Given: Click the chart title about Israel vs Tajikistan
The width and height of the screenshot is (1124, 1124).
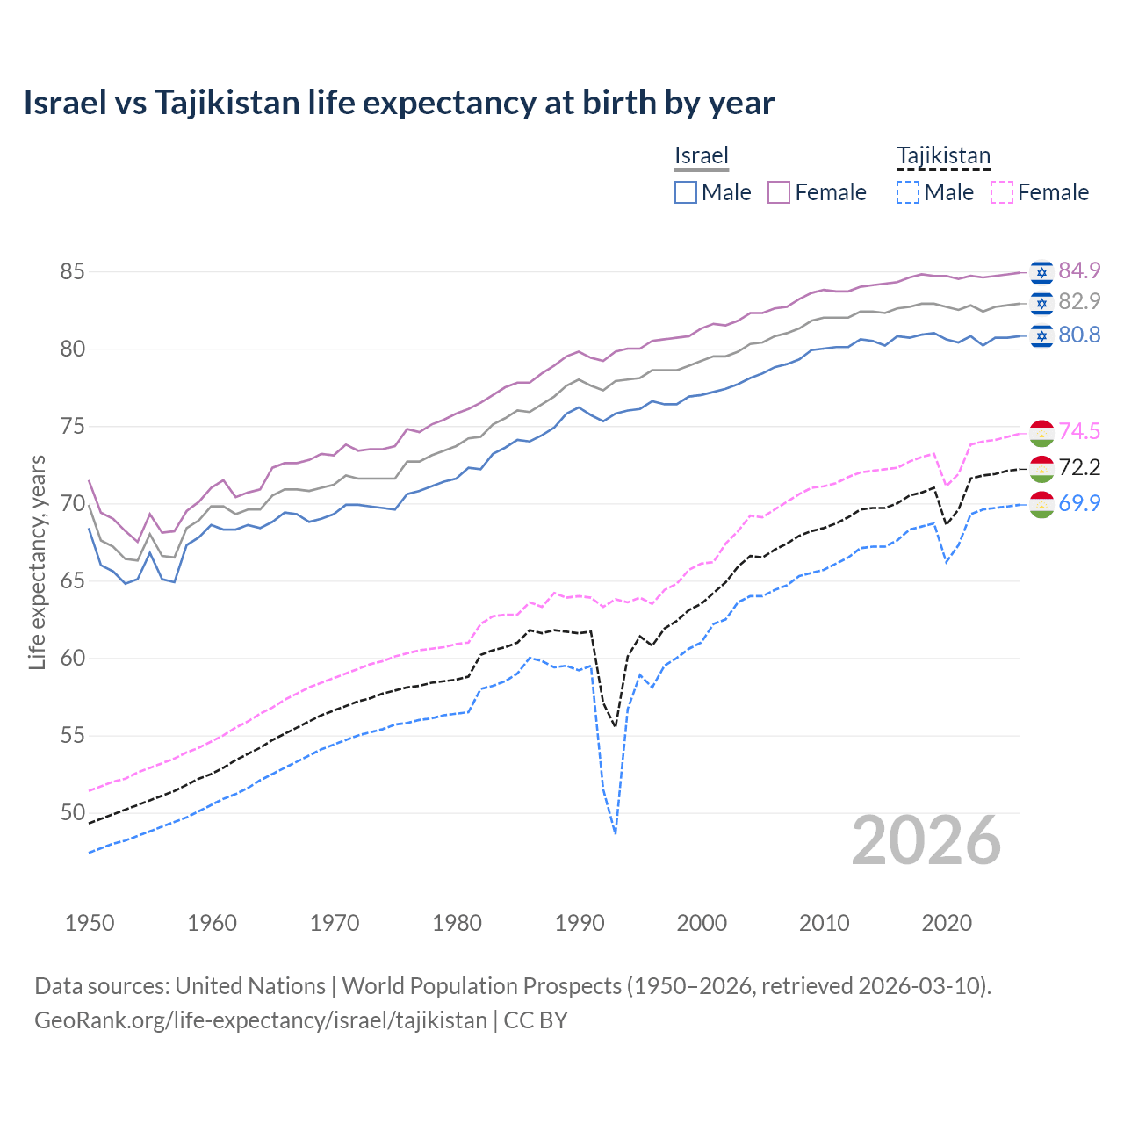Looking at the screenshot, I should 399,103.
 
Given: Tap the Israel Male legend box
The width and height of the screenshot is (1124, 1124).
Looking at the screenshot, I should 686,192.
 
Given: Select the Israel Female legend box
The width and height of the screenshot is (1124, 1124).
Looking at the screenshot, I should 779,192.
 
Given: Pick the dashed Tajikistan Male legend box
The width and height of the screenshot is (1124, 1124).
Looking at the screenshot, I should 908,192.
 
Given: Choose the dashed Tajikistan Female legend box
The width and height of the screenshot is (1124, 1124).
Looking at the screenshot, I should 1002,192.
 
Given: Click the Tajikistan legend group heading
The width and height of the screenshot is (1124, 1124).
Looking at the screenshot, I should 943,156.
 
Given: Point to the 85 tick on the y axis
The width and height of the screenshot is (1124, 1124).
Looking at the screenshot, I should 72,272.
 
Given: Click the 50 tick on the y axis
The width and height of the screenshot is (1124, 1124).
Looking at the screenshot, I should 72,813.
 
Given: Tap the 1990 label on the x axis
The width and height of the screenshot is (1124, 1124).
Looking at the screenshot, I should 580,923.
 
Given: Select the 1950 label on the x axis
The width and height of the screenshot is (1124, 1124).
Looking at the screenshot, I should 90,923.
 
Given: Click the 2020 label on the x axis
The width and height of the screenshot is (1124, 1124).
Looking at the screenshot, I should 947,923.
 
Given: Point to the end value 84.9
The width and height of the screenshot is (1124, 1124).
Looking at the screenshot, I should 1079,270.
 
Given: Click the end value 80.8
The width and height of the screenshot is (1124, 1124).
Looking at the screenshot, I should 1079,335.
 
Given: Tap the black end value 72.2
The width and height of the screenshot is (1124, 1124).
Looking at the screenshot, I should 1079,467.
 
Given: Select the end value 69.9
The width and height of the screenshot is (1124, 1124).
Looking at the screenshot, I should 1079,503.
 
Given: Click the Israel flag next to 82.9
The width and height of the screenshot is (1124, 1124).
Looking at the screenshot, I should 1041,303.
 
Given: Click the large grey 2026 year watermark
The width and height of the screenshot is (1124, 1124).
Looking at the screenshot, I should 926,840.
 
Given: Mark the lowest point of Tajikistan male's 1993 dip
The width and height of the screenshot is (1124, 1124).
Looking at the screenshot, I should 616,833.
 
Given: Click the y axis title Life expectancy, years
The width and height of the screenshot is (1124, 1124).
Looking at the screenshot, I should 37,562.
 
